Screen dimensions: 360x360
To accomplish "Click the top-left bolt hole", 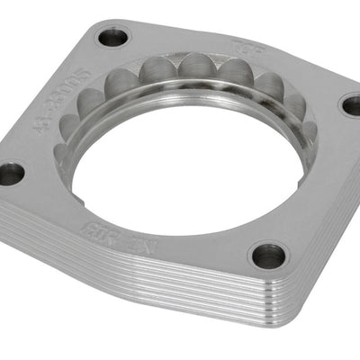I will pyautogui.click(x=113, y=38).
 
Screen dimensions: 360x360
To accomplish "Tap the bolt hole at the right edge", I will pyautogui.click(x=351, y=104).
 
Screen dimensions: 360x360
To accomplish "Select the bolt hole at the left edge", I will pyautogui.click(x=11, y=173).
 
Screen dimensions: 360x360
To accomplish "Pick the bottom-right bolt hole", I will pyautogui.click(x=268, y=256).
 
